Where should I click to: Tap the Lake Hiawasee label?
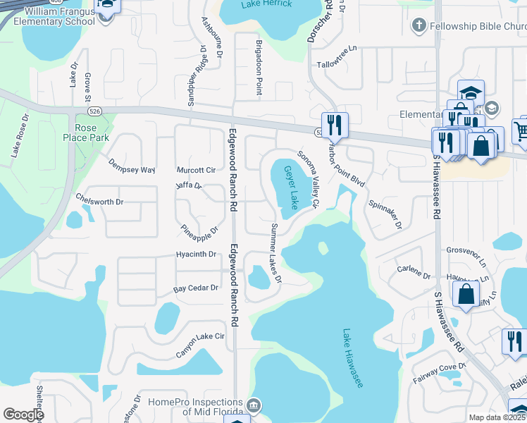(352, 358)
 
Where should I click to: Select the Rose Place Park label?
(87, 133)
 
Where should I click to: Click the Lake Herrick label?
(260, 4)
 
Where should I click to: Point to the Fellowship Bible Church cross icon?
(417, 25)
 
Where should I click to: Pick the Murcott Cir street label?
(196, 170)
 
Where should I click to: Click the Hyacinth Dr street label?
(196, 254)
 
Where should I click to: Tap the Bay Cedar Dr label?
(196, 288)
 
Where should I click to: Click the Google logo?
(23, 415)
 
